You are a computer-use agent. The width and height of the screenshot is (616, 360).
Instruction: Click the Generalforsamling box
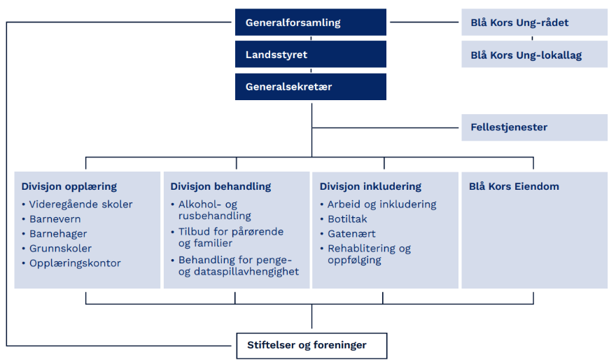click(x=311, y=22)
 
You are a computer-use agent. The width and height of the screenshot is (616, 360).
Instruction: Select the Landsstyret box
click(x=311, y=54)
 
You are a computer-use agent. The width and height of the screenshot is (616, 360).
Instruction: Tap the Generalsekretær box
click(x=311, y=87)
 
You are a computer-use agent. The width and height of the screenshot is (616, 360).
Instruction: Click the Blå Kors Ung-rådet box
click(x=534, y=22)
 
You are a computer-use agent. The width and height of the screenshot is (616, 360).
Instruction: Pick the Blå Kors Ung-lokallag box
click(x=534, y=54)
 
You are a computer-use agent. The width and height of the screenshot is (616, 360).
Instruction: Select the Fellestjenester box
click(x=534, y=127)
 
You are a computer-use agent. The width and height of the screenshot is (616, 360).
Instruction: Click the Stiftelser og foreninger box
click(x=312, y=346)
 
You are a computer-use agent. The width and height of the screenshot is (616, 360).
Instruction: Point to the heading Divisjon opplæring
click(x=69, y=187)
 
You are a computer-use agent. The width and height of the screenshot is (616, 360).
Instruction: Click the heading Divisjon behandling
click(x=220, y=187)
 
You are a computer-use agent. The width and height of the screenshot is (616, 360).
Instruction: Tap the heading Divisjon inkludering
click(x=370, y=187)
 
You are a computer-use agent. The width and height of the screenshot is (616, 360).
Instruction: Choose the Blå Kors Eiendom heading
click(x=514, y=186)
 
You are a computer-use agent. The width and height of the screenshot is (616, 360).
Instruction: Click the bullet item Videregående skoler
click(x=81, y=205)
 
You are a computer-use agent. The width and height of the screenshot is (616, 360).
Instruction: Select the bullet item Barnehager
click(x=58, y=234)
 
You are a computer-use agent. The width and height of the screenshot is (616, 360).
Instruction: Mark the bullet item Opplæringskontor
click(x=75, y=263)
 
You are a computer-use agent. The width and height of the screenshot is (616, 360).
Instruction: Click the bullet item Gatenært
click(x=351, y=234)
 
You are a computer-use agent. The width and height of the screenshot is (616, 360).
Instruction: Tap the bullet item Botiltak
click(x=347, y=219)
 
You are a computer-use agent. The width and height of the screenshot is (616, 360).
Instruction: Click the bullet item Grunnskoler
click(x=60, y=249)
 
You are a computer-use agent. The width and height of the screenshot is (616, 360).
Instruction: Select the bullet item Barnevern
click(x=55, y=219)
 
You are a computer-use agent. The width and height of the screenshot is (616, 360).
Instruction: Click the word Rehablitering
click(x=361, y=249)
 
